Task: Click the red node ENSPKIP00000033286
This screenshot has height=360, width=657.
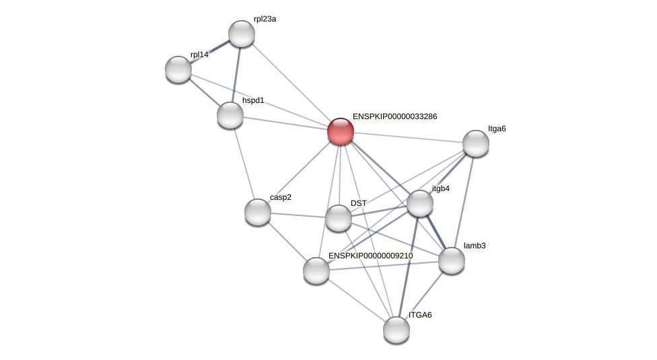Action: pos(341,131)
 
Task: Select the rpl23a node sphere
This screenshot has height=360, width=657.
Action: pos(242,34)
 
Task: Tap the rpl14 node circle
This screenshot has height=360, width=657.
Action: pos(178,69)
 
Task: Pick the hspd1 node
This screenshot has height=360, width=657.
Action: pos(230,115)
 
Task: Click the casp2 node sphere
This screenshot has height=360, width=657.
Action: pos(258,212)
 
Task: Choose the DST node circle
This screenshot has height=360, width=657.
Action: pos(339,218)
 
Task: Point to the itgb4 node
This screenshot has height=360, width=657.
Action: pos(420,203)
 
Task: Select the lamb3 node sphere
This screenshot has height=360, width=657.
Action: pos(452,260)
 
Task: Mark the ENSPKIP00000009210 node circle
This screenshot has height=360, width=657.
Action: pos(316,271)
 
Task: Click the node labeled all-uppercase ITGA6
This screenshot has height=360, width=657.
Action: pos(396,330)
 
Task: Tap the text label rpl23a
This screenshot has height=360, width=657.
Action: pos(265,20)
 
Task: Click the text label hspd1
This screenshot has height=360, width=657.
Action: pos(254,101)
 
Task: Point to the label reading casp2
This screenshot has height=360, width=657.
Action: pos(281,197)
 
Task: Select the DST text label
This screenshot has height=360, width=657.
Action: pos(359,203)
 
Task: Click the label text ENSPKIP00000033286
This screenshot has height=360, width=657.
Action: pos(394,116)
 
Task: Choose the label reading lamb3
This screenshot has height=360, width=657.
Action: pos(475,246)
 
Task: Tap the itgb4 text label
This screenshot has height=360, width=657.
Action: pos(441,188)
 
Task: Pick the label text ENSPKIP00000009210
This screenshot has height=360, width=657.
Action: pos(370,256)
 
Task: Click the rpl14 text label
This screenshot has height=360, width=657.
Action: pos(200,55)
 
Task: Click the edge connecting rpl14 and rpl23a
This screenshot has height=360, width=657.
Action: pos(210,51)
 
